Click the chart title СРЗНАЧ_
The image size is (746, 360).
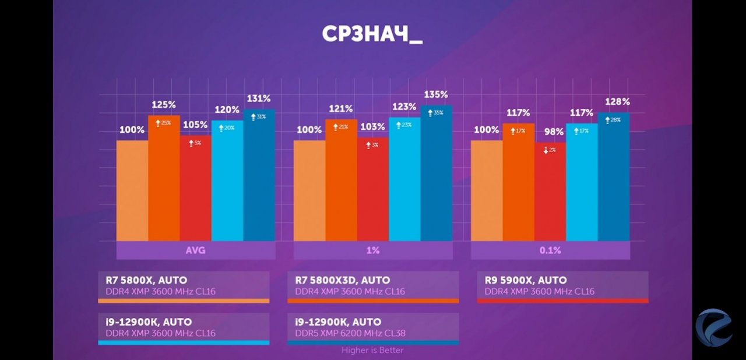pyautogui.click(x=372, y=34)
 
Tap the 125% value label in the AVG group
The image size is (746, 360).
pyautogui.click(x=164, y=105)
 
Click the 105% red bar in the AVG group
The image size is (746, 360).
pyautogui.click(x=195, y=189)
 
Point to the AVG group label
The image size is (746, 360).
pyautogui.click(x=196, y=250)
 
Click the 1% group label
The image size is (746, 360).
pyautogui.click(x=373, y=250)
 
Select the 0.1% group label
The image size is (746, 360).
pyautogui.click(x=550, y=250)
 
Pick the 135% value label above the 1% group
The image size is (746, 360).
pyautogui.click(x=436, y=94)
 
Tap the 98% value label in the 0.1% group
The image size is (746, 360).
pyautogui.click(x=550, y=132)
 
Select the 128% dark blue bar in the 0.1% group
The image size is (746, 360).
pyautogui.click(x=613, y=178)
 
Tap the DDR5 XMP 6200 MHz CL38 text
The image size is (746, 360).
pyautogui.click(x=350, y=333)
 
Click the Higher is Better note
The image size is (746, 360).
pyautogui.click(x=372, y=350)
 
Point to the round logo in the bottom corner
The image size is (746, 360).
pyautogui.click(x=713, y=328)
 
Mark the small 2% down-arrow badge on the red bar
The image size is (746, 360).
pyautogui.click(x=550, y=150)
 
